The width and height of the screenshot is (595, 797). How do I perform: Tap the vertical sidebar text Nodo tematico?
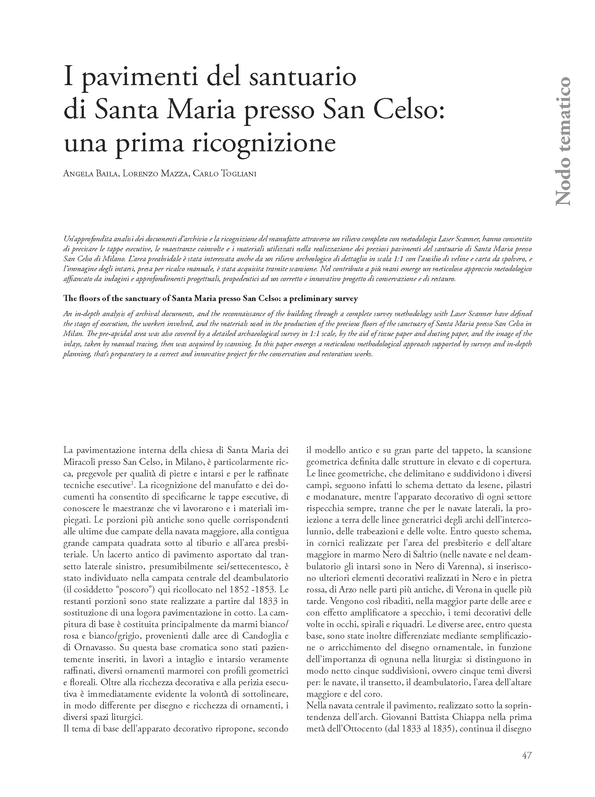click(x=562, y=141)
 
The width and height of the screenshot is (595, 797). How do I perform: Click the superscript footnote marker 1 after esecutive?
click(x=131, y=483)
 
